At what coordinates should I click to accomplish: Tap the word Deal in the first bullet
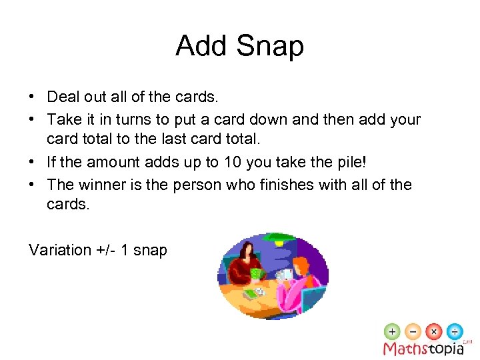tap(64, 97)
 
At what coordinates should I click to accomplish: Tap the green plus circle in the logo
tap(393, 331)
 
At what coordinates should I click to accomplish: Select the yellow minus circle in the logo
tap(413, 331)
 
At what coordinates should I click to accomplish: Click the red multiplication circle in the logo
tap(434, 331)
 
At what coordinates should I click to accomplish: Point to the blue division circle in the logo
tap(455, 331)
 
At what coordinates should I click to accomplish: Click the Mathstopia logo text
tap(423, 348)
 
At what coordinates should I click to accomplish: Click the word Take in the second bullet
tap(64, 119)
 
